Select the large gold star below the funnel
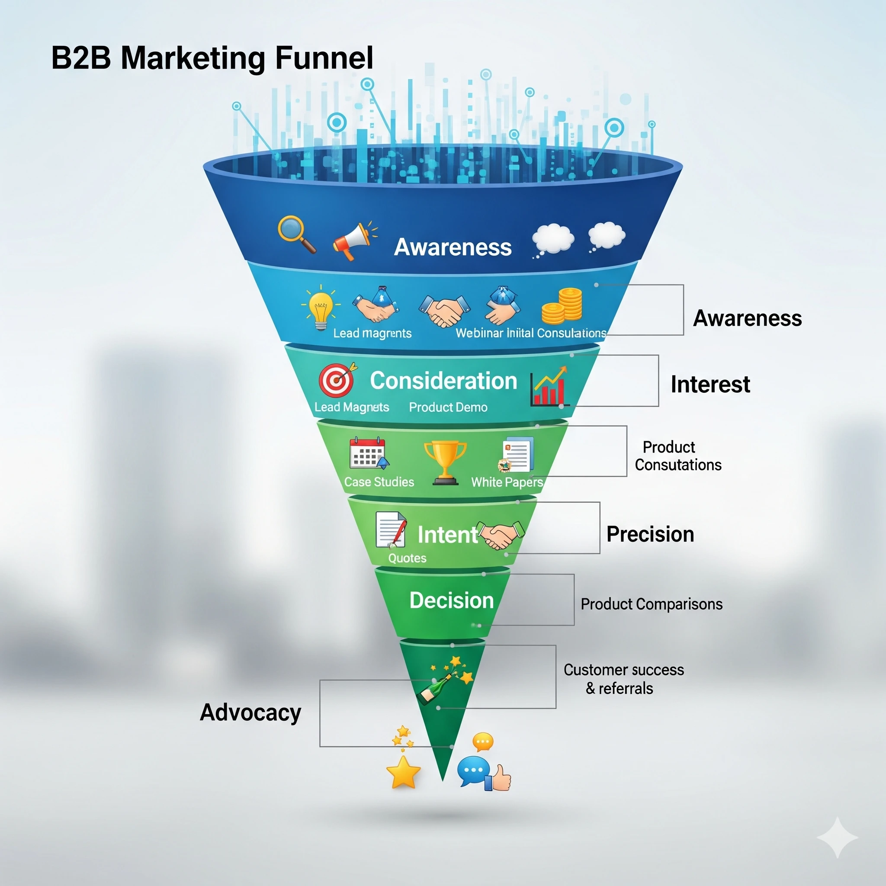coord(403,773)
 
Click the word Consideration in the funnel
coord(443,381)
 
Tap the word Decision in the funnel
coord(451,600)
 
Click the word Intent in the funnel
coord(447,535)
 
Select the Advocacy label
coord(250,713)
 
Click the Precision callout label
coord(650,534)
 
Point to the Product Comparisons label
coord(651,604)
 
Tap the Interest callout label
coord(710,384)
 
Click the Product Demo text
coord(448,407)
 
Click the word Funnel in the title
coord(324,58)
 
